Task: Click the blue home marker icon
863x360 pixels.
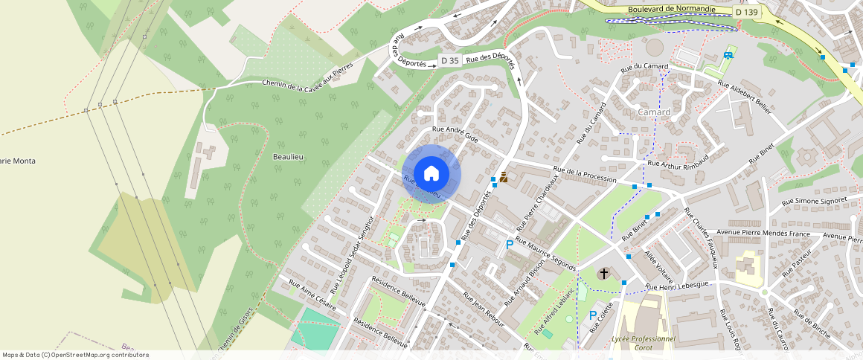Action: click(x=431, y=174)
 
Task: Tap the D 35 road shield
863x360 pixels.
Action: click(x=449, y=60)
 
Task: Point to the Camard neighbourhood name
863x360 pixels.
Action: click(x=654, y=112)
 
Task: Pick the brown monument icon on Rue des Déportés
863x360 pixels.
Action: click(x=504, y=177)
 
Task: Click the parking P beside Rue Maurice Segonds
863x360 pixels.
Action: click(x=510, y=244)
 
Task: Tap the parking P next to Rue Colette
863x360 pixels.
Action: click(x=593, y=315)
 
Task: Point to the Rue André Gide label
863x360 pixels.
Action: click(x=455, y=134)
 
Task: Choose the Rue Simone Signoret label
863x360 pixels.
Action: click(x=815, y=201)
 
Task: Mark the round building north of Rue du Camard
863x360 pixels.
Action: click(x=655, y=47)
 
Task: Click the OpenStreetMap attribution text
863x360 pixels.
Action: click(x=75, y=355)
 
